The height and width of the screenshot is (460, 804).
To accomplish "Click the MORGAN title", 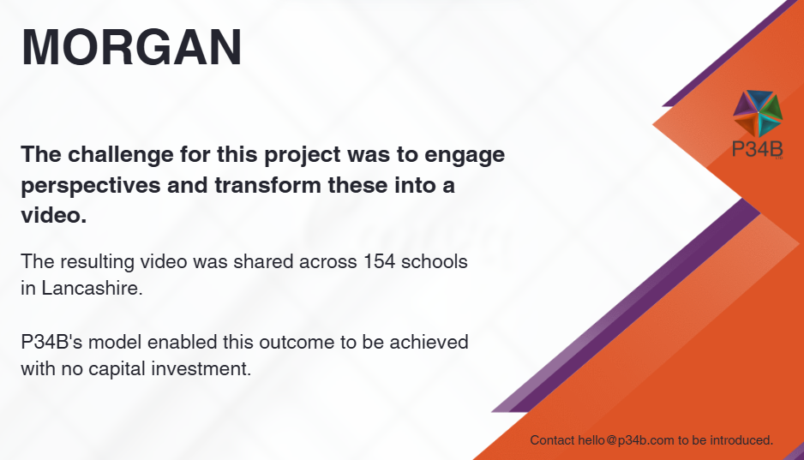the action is (x=131, y=48).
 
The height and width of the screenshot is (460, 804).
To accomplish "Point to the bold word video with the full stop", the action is (x=54, y=215).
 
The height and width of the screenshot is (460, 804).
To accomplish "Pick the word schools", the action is (x=435, y=261).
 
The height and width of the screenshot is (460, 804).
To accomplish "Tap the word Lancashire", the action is (x=92, y=288).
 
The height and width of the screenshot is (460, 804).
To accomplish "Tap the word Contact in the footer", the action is (x=552, y=440).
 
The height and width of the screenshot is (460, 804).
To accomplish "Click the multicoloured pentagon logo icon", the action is (x=758, y=113).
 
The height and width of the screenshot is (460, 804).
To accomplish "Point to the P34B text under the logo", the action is (x=758, y=149).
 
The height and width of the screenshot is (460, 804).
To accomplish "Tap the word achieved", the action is (x=429, y=342).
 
